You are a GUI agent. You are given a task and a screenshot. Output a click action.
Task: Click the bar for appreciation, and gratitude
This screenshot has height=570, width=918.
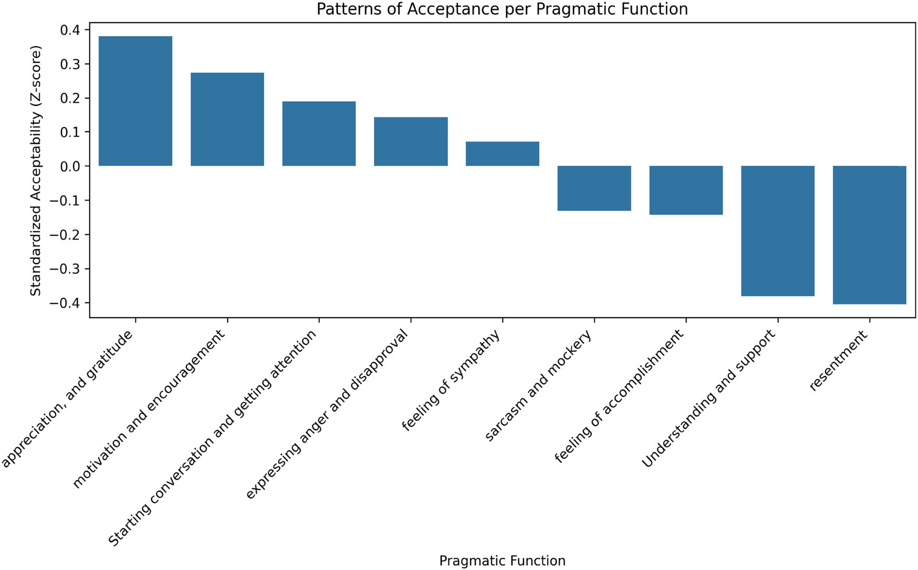coord(135,101)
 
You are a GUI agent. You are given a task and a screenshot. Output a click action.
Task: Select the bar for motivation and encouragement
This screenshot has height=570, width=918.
coord(227,119)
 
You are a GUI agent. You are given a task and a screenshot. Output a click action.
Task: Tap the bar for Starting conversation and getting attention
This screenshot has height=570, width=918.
coord(319,133)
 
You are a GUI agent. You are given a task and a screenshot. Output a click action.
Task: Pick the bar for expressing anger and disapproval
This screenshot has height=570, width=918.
coord(411,141)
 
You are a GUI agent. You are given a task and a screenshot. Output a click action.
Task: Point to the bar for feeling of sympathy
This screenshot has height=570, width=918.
coord(503,154)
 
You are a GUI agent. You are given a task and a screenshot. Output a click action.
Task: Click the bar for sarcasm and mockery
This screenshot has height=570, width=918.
coord(594,188)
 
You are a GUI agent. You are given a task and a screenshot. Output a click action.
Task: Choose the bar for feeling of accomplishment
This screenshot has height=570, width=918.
coord(686,190)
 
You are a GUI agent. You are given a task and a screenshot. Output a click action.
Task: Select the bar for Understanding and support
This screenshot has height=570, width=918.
coord(778,231)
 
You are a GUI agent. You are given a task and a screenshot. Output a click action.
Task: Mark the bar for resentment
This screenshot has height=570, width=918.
coord(870,235)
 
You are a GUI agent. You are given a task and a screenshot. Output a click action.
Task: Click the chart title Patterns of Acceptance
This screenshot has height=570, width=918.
coord(502,9)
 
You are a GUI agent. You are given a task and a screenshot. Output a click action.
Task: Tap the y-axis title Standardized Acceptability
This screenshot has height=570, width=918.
coord(35,170)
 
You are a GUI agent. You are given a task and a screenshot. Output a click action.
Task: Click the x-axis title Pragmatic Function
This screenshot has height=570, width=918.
coord(502,561)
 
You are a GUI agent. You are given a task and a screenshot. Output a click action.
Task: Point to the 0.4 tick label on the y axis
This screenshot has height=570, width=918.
coord(70,30)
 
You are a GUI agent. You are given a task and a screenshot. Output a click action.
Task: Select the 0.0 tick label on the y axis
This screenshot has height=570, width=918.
coord(70,166)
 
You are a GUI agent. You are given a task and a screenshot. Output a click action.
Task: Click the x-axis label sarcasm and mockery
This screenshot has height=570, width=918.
coord(539,385)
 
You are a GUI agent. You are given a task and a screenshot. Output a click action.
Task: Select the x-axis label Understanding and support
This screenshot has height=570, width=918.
coord(709,399)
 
